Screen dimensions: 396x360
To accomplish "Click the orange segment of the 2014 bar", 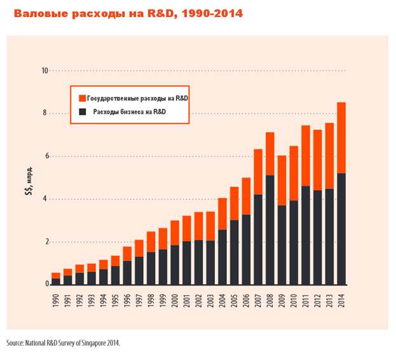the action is click(341, 137).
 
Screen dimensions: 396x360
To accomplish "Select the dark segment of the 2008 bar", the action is click(270, 230).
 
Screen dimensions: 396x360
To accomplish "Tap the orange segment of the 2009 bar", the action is click(282, 181).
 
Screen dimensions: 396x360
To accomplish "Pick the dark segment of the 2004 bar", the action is click(222, 257).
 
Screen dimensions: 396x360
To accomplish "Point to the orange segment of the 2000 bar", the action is click(175, 233).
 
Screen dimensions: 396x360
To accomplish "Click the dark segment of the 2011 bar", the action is click(306, 235).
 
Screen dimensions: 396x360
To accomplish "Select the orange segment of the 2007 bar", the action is click(258, 172).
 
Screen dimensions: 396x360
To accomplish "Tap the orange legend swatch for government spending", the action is click(83, 99).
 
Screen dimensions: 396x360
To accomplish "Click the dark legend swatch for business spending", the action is click(83, 112).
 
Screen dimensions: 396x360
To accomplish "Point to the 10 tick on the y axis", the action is click(44, 71).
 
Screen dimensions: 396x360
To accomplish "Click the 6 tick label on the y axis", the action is click(47, 156).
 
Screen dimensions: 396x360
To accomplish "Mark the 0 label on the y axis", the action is click(47, 284).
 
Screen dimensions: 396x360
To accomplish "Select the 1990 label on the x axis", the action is click(56, 300).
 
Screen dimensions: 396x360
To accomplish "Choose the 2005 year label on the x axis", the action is click(234, 300).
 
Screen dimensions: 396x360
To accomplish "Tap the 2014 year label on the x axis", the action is click(341, 300).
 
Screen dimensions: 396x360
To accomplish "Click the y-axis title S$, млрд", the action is click(29, 181).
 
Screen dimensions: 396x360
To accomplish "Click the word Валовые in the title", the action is click(41, 13).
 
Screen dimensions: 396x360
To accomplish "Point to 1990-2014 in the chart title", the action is click(212, 13).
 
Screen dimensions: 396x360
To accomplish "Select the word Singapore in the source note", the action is click(93, 343).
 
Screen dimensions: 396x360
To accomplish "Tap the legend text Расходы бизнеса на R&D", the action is click(130, 112).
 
